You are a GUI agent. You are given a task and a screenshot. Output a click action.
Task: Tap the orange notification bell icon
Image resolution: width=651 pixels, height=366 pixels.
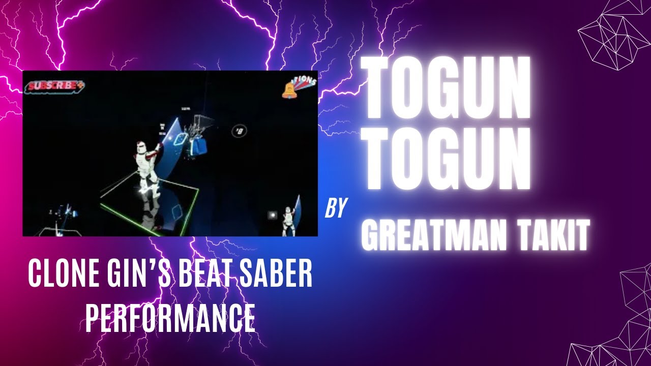(289, 89)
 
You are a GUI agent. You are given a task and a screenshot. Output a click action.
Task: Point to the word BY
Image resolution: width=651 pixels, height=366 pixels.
(336, 208)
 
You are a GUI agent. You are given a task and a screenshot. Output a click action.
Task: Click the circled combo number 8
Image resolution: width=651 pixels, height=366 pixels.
(239, 131)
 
